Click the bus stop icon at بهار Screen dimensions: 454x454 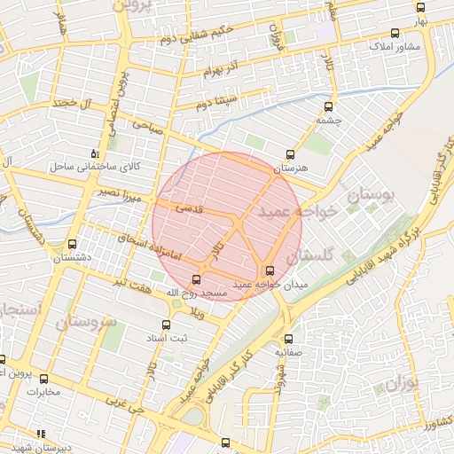(x=420, y=7)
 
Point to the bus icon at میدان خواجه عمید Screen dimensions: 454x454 (x=270, y=271)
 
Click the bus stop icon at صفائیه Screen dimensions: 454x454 (x=287, y=339)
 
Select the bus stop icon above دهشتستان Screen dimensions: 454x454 (x=72, y=245)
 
